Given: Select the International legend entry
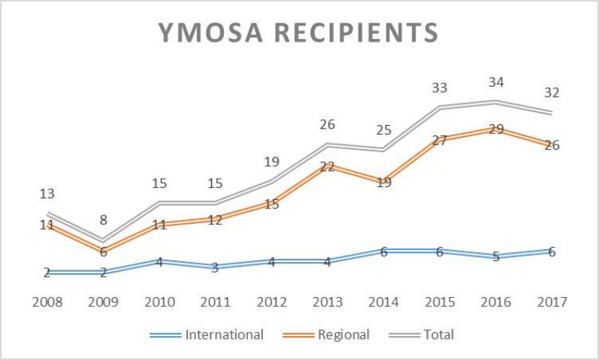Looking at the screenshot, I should [224, 335].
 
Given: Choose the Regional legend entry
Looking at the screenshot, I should [344, 335].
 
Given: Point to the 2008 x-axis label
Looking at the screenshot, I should [46, 302].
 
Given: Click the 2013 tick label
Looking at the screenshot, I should [327, 302].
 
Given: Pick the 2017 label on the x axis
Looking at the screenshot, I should [552, 302].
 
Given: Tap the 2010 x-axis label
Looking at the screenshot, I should [159, 302].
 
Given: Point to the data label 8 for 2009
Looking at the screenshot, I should [103, 221].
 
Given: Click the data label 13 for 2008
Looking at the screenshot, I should [46, 194].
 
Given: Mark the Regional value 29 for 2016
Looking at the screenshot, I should [496, 129].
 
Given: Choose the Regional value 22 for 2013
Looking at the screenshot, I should [327, 167].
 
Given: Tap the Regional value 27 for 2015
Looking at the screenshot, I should [440, 140].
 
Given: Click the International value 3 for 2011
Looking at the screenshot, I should [215, 267].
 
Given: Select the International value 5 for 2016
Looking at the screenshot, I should [496, 257].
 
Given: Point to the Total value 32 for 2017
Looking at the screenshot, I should [552, 93].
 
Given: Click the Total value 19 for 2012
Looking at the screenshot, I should [271, 162].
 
